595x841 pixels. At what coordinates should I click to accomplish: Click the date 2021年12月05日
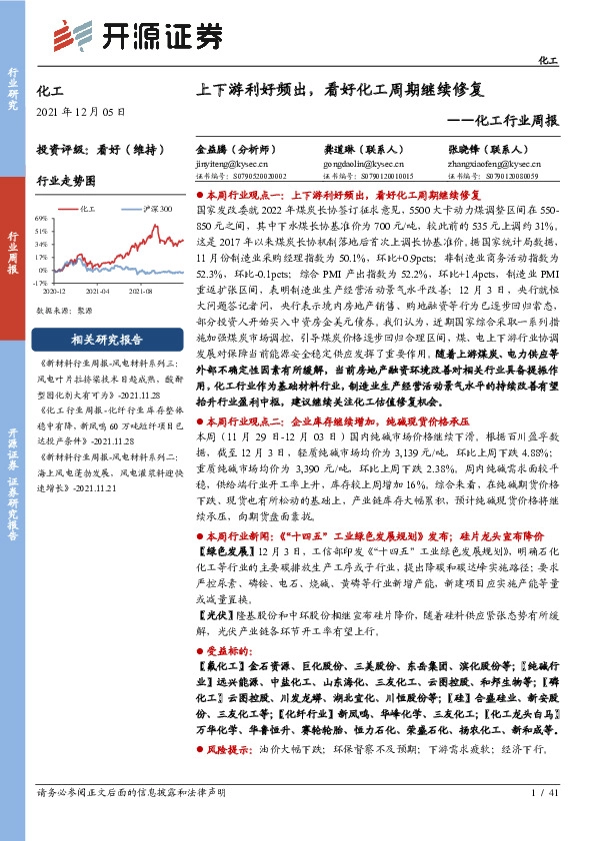80,111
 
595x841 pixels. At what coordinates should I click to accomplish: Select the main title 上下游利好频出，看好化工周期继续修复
340,89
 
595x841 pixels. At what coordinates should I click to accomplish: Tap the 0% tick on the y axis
42,270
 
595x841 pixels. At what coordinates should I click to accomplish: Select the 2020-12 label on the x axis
57,290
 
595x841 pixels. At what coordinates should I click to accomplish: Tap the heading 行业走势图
66,183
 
